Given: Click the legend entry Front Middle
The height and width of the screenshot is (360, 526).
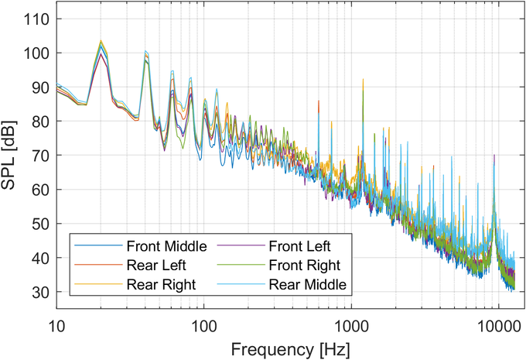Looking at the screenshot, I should click(164, 247).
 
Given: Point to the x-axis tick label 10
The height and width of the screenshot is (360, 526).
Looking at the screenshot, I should click(56, 321).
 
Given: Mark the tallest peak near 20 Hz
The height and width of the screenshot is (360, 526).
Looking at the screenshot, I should click(101, 41).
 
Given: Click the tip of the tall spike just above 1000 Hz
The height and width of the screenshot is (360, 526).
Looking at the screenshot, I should click(362, 79).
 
